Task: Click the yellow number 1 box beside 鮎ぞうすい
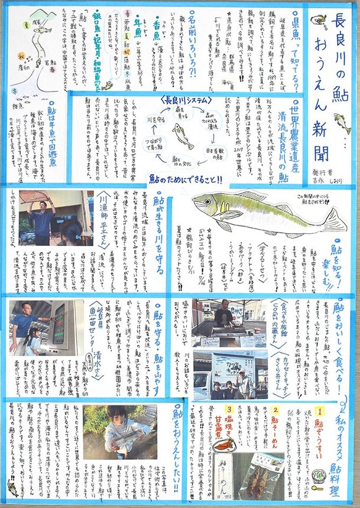[320, 424]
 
